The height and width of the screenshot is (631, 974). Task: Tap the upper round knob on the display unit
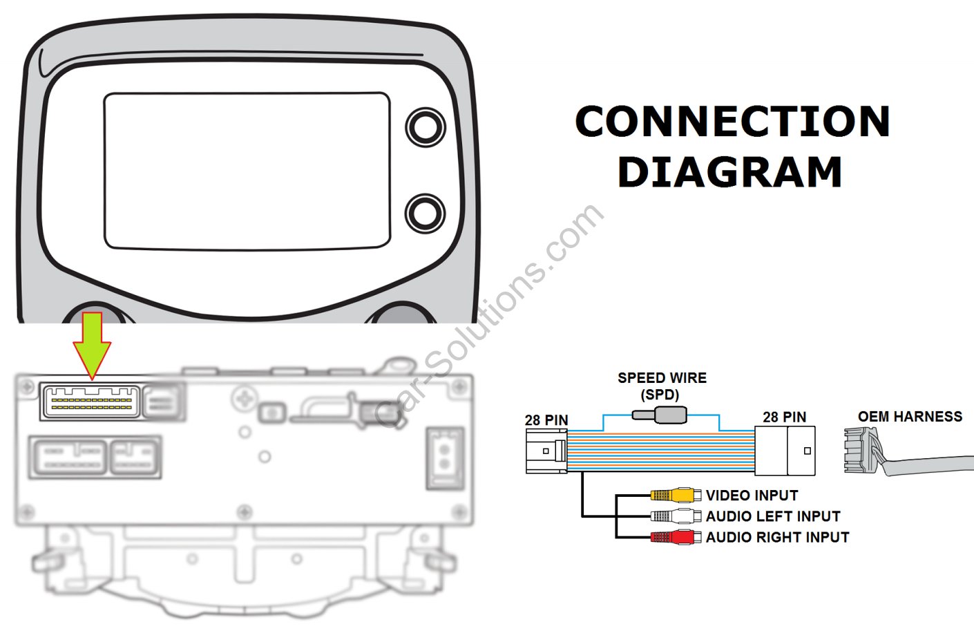pos(425,126)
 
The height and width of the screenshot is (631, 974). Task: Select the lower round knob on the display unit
pos(424,213)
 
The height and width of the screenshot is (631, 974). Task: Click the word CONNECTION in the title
pos(732,122)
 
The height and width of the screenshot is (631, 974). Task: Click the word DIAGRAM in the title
pos(729,172)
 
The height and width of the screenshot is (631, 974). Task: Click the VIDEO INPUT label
pos(752,496)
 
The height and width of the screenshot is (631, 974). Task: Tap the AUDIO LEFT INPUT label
pos(773,516)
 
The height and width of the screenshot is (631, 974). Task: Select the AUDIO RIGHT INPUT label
pos(777,537)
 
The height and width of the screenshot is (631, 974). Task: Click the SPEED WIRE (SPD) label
pos(662,386)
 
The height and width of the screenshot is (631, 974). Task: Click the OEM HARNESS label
pos(910,416)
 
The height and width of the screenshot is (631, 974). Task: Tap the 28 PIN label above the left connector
pos(546,420)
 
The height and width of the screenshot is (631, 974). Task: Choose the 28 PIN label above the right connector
pos(784,417)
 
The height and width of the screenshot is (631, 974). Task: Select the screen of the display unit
pos(247,170)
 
